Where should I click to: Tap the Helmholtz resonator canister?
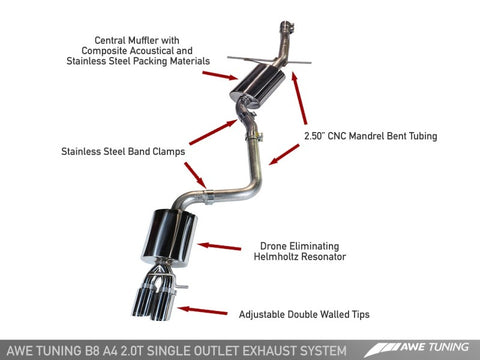pyautogui.click(x=172, y=231)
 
